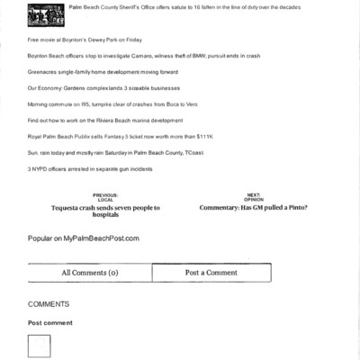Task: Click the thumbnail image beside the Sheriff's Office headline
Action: (45, 13)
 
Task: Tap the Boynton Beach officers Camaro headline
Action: (144, 56)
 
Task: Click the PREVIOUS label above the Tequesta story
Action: (105, 195)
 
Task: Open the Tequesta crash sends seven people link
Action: (105, 211)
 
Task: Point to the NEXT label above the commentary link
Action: (254, 195)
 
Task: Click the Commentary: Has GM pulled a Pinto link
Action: (254, 208)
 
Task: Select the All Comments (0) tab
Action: (90, 273)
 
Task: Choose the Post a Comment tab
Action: (211, 273)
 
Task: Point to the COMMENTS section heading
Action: (49, 304)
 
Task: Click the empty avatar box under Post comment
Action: (40, 346)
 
